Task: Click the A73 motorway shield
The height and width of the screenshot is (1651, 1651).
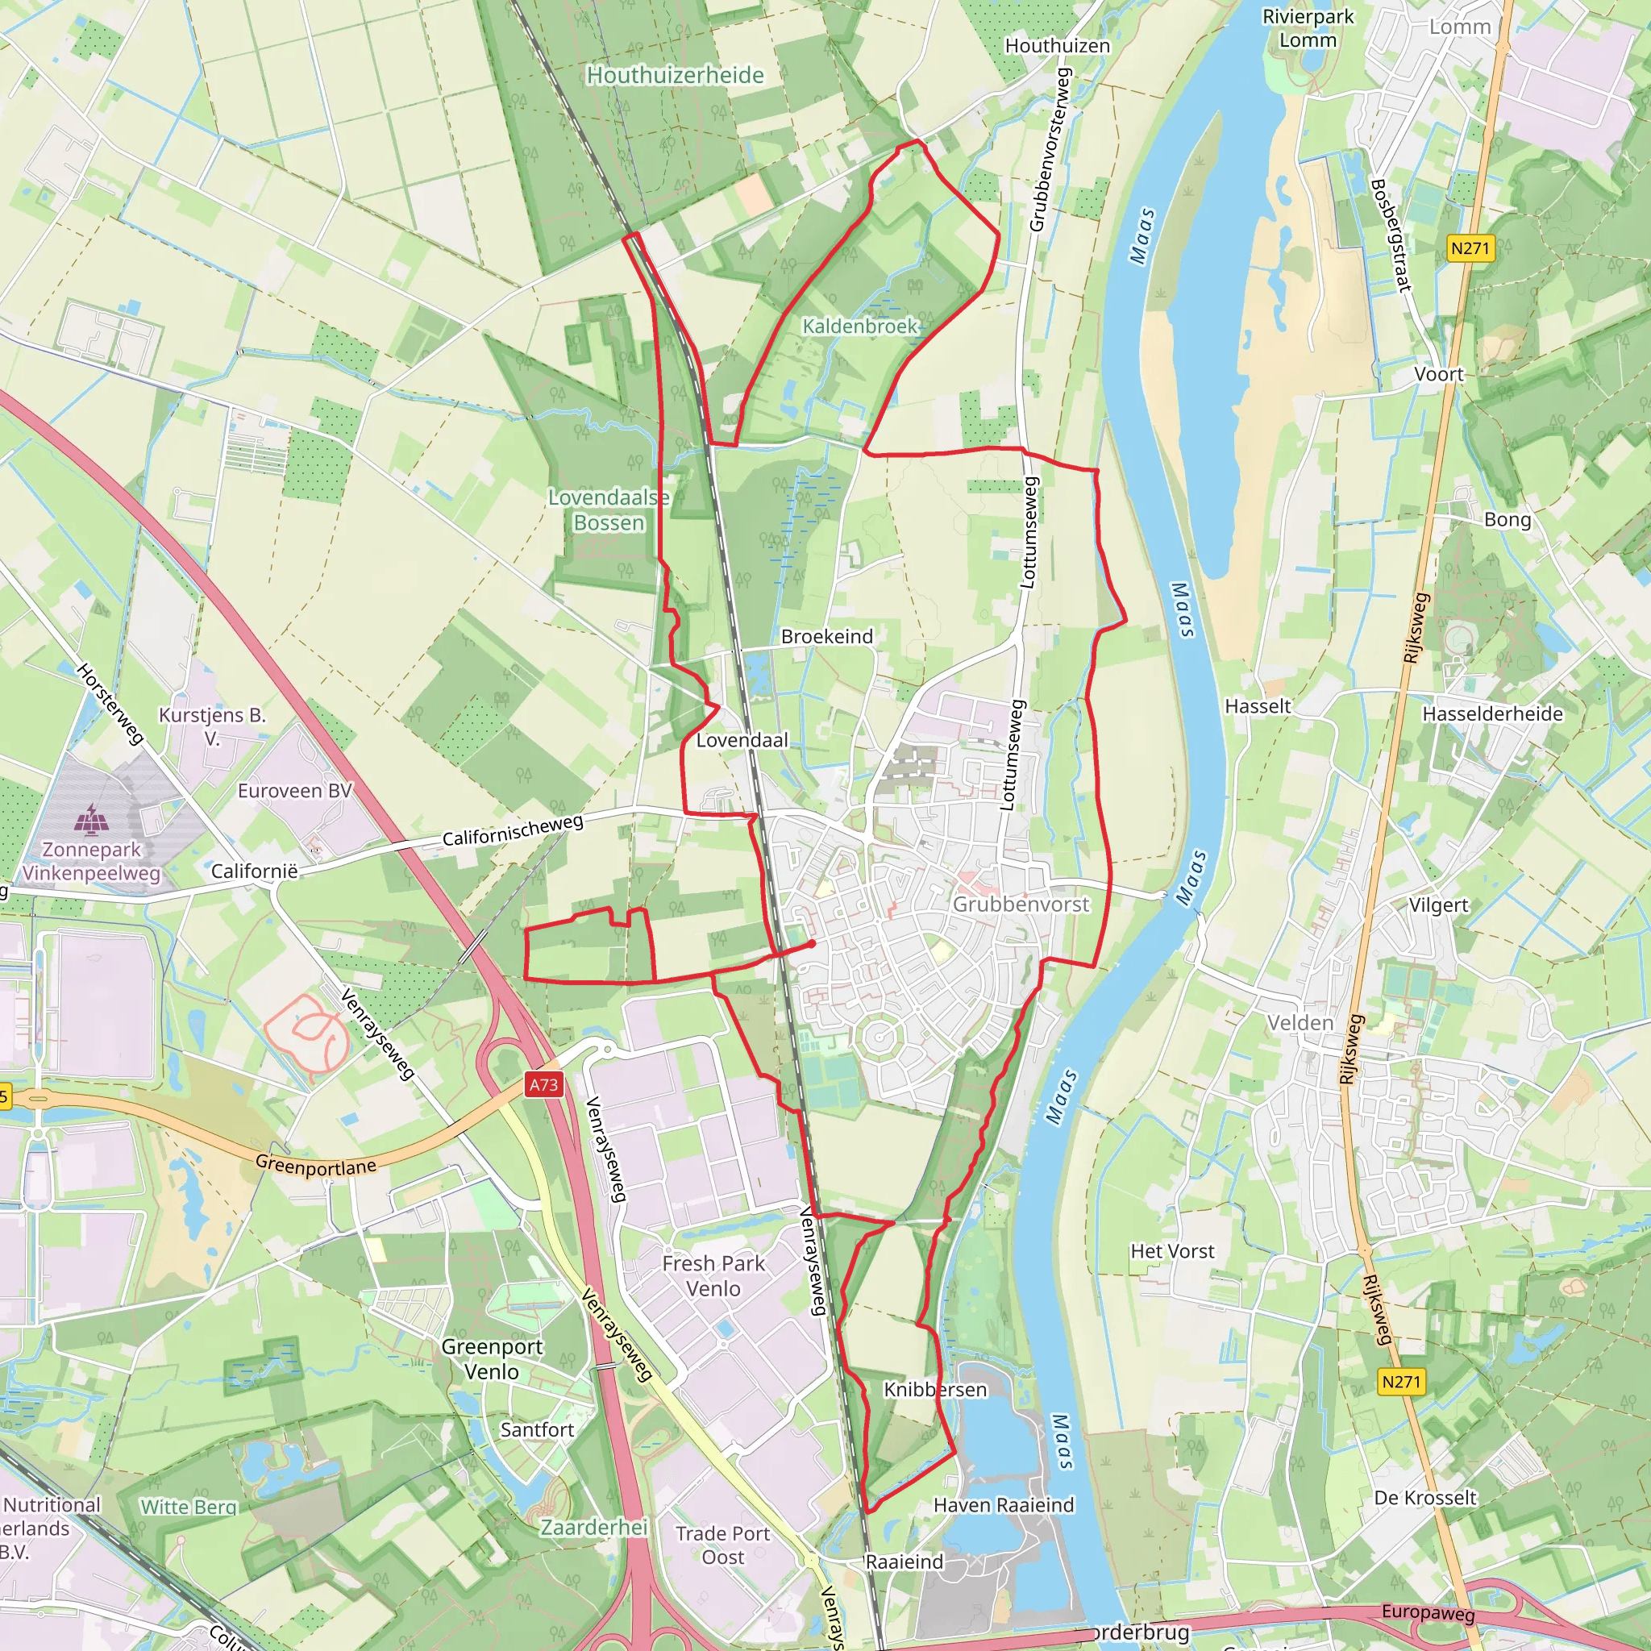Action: pos(543,1084)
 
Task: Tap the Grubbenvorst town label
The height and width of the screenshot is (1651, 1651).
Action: pos(1021,905)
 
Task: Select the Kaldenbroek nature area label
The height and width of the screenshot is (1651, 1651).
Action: pos(859,326)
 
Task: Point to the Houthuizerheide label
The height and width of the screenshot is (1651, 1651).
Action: pos(675,75)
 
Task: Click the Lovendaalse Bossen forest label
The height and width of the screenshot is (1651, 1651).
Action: pos(609,510)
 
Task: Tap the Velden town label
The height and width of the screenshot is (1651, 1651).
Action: pos(1300,1023)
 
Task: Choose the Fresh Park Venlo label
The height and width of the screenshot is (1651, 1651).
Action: pos(713,1275)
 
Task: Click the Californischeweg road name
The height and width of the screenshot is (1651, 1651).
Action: pos(513,830)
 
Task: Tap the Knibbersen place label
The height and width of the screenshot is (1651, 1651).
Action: pos(935,1390)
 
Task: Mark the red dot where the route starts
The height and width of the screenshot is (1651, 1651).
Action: pos(811,943)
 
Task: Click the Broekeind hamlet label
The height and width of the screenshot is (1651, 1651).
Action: pos(826,637)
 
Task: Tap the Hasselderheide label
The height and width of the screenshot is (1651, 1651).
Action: pos(1492,713)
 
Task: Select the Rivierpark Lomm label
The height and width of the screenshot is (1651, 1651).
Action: pos(1308,28)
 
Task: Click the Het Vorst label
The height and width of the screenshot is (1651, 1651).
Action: pos(1171,1251)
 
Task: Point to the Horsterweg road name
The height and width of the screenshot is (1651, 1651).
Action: pos(110,703)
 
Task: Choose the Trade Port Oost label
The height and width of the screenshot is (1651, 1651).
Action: pos(723,1545)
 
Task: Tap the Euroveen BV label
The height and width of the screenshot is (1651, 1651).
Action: pos(294,791)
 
